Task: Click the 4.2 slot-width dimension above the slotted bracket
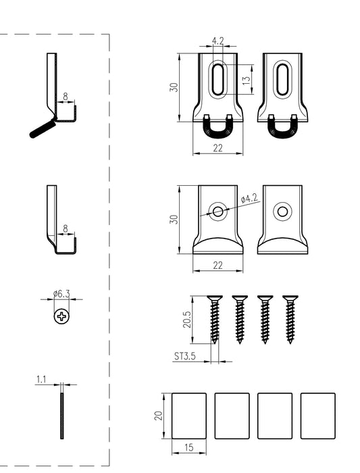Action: point(218,41)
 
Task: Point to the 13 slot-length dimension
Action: point(247,80)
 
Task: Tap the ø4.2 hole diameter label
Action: point(249,199)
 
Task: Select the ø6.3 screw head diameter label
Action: point(61,293)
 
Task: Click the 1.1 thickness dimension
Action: point(41,379)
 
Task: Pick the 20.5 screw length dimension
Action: point(187,319)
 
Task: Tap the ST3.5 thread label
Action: point(185,356)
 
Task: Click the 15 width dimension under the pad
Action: point(188,447)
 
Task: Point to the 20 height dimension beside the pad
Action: point(158,416)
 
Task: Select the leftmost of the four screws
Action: point(215,320)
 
